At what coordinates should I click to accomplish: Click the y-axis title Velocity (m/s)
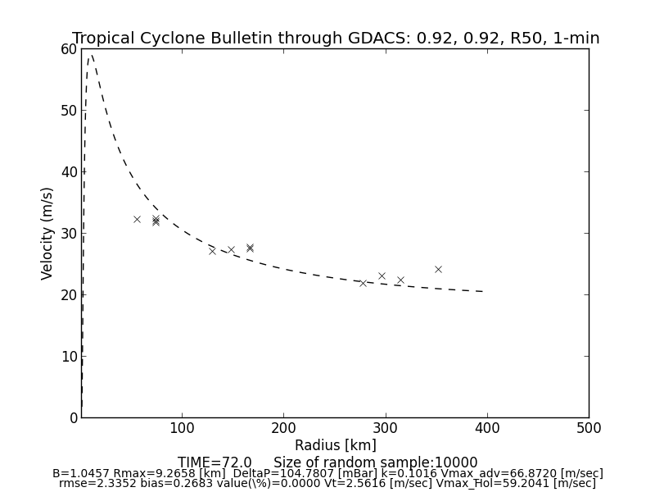(x=47, y=233)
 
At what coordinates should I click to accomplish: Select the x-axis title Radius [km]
(x=336, y=445)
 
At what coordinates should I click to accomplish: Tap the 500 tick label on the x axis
(x=589, y=428)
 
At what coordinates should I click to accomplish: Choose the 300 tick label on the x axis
(x=386, y=428)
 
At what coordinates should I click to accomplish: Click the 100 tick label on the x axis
(x=182, y=428)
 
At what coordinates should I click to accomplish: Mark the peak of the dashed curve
(x=91, y=54)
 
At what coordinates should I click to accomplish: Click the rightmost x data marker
(x=438, y=269)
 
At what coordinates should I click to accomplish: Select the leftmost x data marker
(x=137, y=219)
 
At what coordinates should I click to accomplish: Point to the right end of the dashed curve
(x=483, y=291)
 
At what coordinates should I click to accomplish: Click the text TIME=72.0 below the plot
(x=215, y=462)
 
